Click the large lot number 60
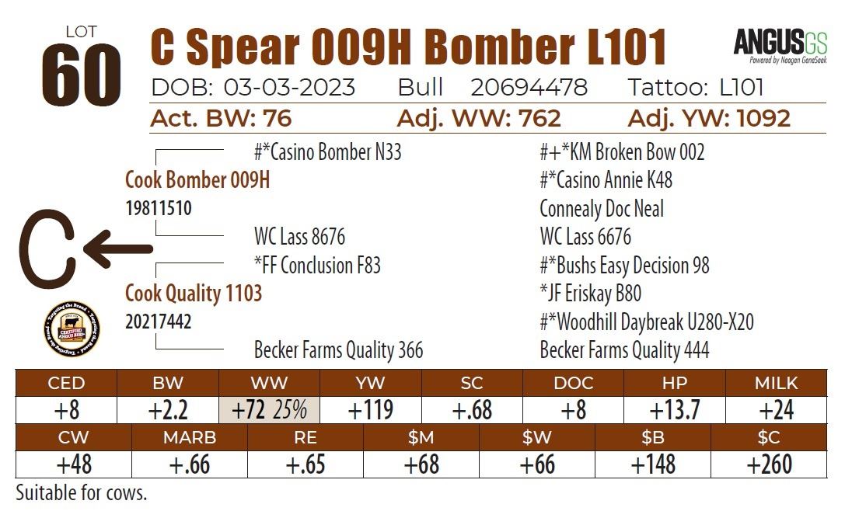tap(81, 76)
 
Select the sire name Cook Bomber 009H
tap(197, 180)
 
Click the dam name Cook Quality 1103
tap(194, 294)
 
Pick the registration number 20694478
tap(529, 87)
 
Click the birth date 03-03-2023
tap(289, 87)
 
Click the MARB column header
tap(190, 437)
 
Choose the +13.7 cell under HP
tap(675, 409)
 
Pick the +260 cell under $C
tap(769, 464)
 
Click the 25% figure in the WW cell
tap(289, 409)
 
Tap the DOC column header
tap(574, 383)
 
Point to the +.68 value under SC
tap(472, 409)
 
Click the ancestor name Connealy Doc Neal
tap(602, 209)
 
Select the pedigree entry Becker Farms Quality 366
tap(338, 350)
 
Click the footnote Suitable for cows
tap(81, 492)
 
